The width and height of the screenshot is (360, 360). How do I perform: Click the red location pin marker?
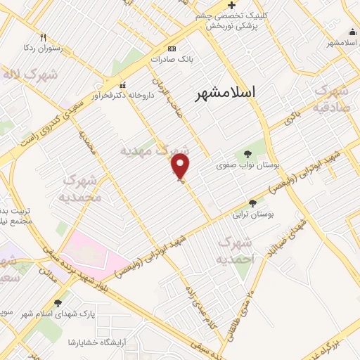(x=181, y=167)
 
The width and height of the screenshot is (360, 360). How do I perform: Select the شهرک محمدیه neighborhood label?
(x=83, y=188)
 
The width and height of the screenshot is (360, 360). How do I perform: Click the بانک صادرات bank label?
(x=174, y=60)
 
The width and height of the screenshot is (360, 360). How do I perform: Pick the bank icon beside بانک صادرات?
(x=173, y=49)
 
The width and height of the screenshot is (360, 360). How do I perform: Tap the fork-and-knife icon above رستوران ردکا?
(x=42, y=37)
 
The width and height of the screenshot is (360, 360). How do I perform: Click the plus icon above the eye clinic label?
(x=231, y=5)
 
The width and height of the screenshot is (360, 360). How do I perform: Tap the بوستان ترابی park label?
(x=252, y=214)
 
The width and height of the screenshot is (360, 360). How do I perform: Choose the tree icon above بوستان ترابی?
(x=252, y=203)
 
